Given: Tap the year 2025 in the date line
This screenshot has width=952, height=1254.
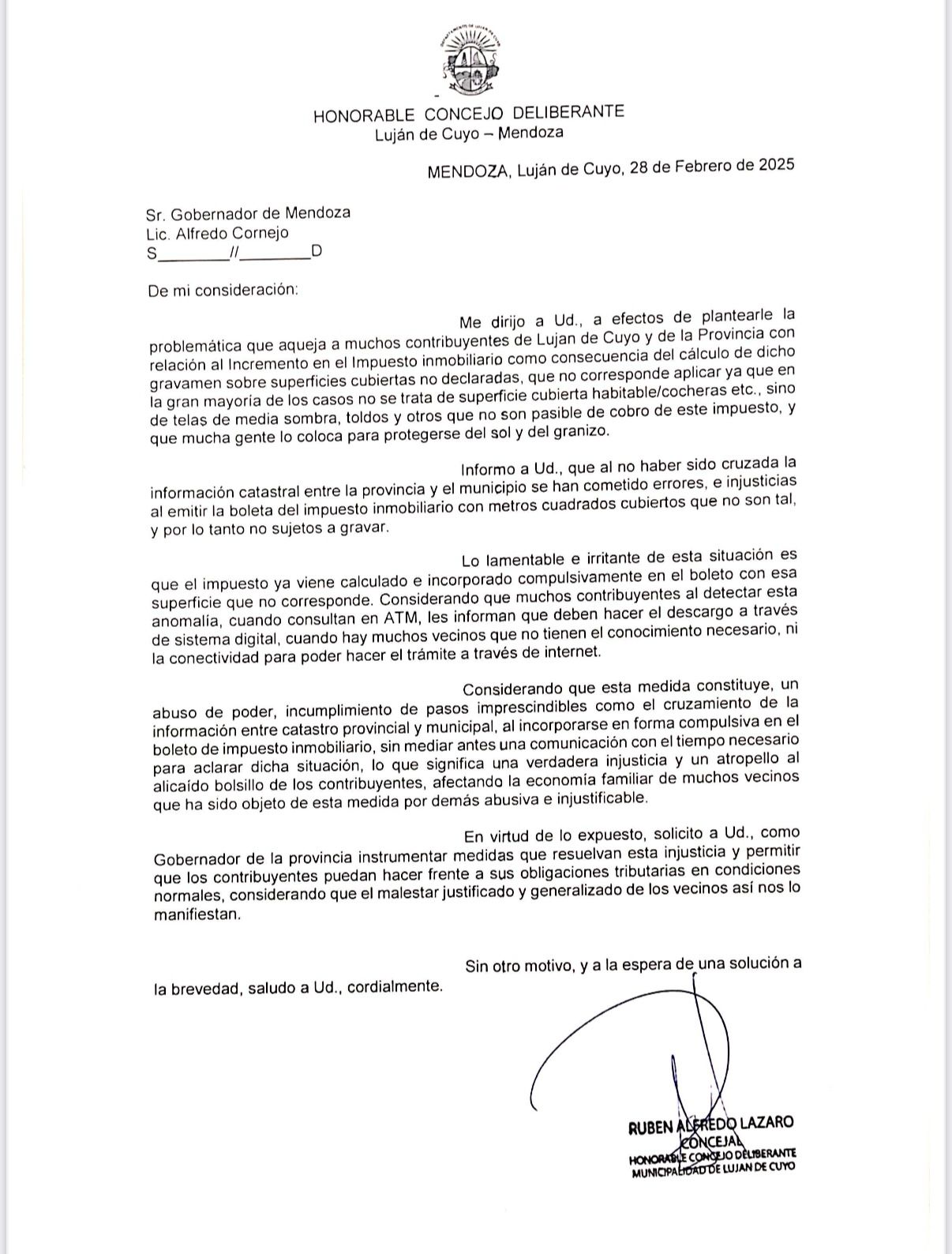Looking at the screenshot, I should tap(776, 166).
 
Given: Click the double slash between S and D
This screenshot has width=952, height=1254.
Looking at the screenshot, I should tap(233, 253).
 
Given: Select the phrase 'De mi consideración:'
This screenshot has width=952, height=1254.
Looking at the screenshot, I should tap(223, 290).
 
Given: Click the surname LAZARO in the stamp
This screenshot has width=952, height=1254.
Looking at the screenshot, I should tap(766, 1123).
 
